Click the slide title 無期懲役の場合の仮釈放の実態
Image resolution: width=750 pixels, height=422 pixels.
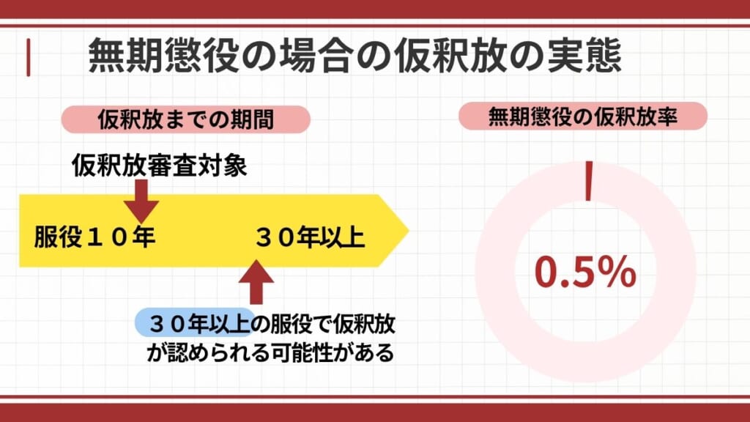[x=354, y=56]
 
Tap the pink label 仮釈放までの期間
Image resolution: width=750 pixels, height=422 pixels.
[x=186, y=119]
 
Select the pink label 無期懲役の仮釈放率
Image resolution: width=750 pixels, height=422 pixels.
[x=582, y=116]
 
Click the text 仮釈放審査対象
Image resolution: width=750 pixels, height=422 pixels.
[x=160, y=166]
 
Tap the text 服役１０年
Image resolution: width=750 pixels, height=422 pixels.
[x=94, y=238]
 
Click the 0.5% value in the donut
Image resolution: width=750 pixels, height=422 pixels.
[x=584, y=272]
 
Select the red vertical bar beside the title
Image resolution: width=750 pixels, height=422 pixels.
[x=28, y=58]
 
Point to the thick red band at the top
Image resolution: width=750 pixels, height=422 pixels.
[x=375, y=9]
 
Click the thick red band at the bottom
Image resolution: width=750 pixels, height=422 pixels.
[x=375, y=412]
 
